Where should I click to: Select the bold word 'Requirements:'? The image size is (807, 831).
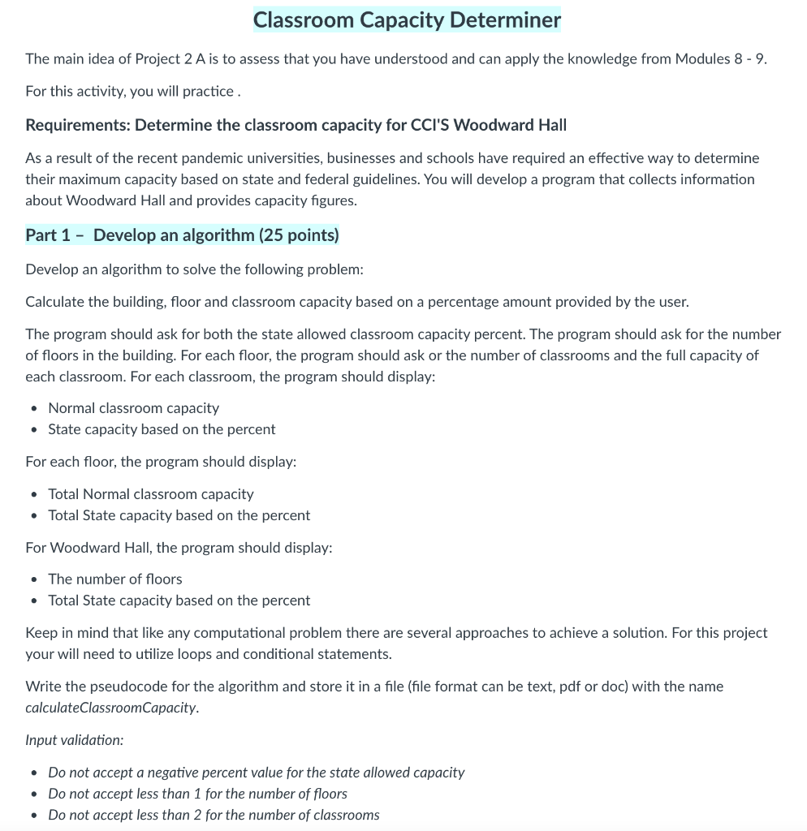pos(78,125)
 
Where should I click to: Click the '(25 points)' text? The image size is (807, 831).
pos(298,235)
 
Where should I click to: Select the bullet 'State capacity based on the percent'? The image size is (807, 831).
pos(162,429)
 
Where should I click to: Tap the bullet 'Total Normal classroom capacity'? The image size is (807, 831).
pos(151,494)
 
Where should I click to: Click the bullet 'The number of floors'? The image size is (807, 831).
pos(115,579)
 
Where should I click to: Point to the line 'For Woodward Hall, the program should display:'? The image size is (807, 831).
pos(179,548)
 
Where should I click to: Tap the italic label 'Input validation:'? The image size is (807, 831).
pos(74,740)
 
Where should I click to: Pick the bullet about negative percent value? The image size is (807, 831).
pos(256,773)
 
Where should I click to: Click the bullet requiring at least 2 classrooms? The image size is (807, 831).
pos(214,815)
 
